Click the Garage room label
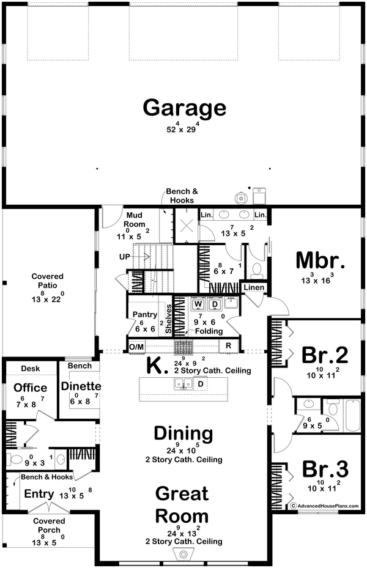pyautogui.click(x=184, y=108)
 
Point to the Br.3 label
pyautogui.click(x=324, y=469)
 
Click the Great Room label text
pyautogui.click(x=182, y=504)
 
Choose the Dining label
pyautogui.click(x=183, y=434)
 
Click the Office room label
pyautogui.click(x=31, y=388)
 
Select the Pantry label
pyautogui.click(x=146, y=314)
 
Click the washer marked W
pyautogui.click(x=198, y=304)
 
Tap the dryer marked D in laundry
pyautogui.click(x=215, y=304)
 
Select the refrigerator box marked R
pyautogui.click(x=228, y=345)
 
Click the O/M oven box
pyautogui.click(x=136, y=346)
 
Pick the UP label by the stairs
pyautogui.click(x=125, y=257)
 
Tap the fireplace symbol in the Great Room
pyautogui.click(x=183, y=554)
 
